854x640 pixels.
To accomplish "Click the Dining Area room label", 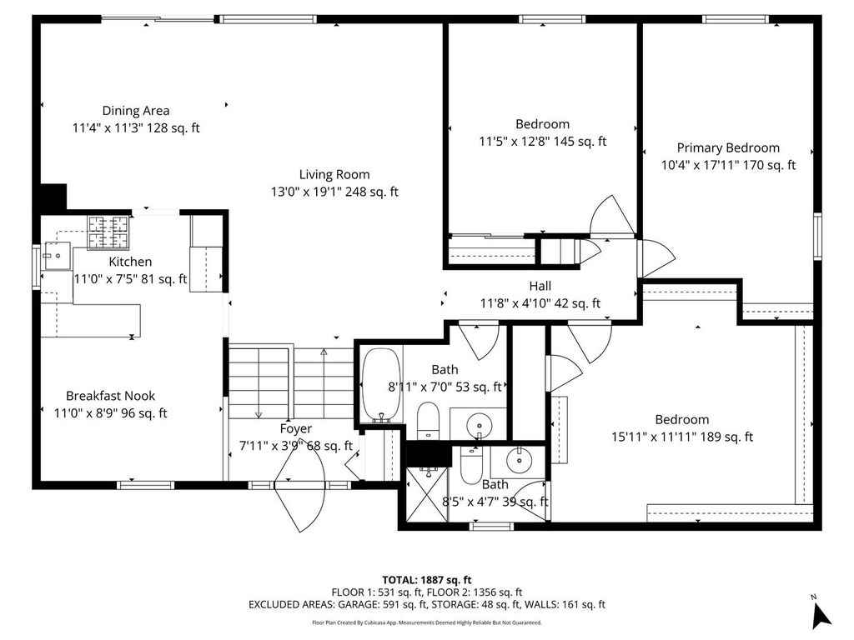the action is coord(136,111).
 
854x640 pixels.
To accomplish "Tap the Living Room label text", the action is coord(334,175).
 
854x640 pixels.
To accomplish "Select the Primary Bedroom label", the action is coord(728,148).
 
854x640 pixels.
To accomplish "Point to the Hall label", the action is coord(540,287).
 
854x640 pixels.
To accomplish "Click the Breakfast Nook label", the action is coord(111,396).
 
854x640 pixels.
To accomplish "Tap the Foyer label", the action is coord(296,429).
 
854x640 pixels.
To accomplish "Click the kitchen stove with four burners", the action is coord(108,233).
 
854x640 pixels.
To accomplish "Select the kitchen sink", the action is coord(56,256).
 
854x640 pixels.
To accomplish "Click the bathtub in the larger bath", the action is coord(381,385).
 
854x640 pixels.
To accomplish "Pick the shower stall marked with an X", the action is coord(428,494).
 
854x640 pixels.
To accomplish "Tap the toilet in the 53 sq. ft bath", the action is coord(428,420).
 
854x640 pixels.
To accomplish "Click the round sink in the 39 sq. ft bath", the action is coord(518,462).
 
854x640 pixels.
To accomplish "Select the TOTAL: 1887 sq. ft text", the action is coord(426,580).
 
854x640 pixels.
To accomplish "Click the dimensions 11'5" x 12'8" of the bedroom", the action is coord(514,142).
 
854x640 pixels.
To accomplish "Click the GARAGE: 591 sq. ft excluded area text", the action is coord(383,604).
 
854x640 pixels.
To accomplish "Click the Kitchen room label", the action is coord(130,262).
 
